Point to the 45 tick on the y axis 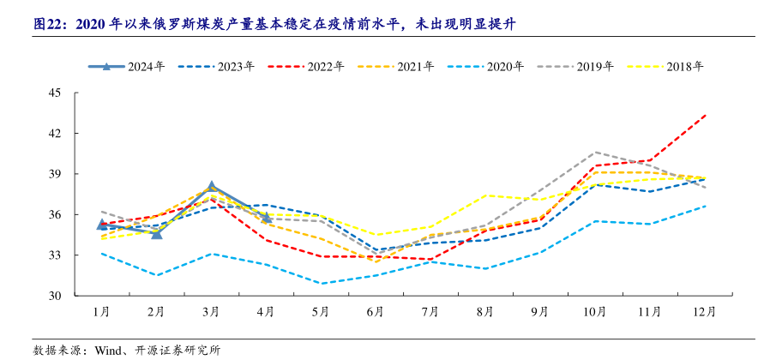[56, 93]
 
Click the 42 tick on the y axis [56, 134]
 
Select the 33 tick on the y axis [56, 255]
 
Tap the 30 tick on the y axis [56, 296]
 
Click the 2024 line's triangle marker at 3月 [211, 186]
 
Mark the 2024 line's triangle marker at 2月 [156, 233]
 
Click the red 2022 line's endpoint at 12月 [705, 115]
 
